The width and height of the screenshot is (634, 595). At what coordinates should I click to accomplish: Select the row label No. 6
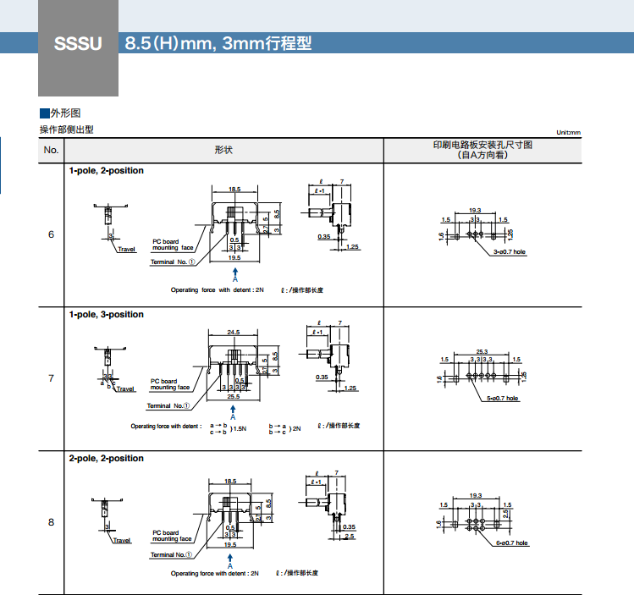click(51, 234)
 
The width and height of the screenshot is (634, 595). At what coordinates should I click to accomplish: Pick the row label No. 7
click(51, 378)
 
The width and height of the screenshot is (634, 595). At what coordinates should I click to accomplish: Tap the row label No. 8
click(51, 522)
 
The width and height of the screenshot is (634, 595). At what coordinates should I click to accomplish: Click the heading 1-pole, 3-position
click(107, 315)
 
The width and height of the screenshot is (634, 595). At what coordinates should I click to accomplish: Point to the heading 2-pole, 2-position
click(107, 459)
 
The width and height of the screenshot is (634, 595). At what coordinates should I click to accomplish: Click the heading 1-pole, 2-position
click(107, 171)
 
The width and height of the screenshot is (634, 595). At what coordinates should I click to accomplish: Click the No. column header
click(51, 150)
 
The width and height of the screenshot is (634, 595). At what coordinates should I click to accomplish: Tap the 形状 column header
click(223, 150)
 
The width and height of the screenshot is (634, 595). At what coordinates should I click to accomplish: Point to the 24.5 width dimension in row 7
click(234, 332)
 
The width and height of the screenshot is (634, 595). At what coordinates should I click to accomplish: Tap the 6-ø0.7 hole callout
click(511, 543)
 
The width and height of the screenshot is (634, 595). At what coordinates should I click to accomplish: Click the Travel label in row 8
click(124, 540)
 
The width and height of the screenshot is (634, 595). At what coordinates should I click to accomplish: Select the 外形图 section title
click(65, 113)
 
